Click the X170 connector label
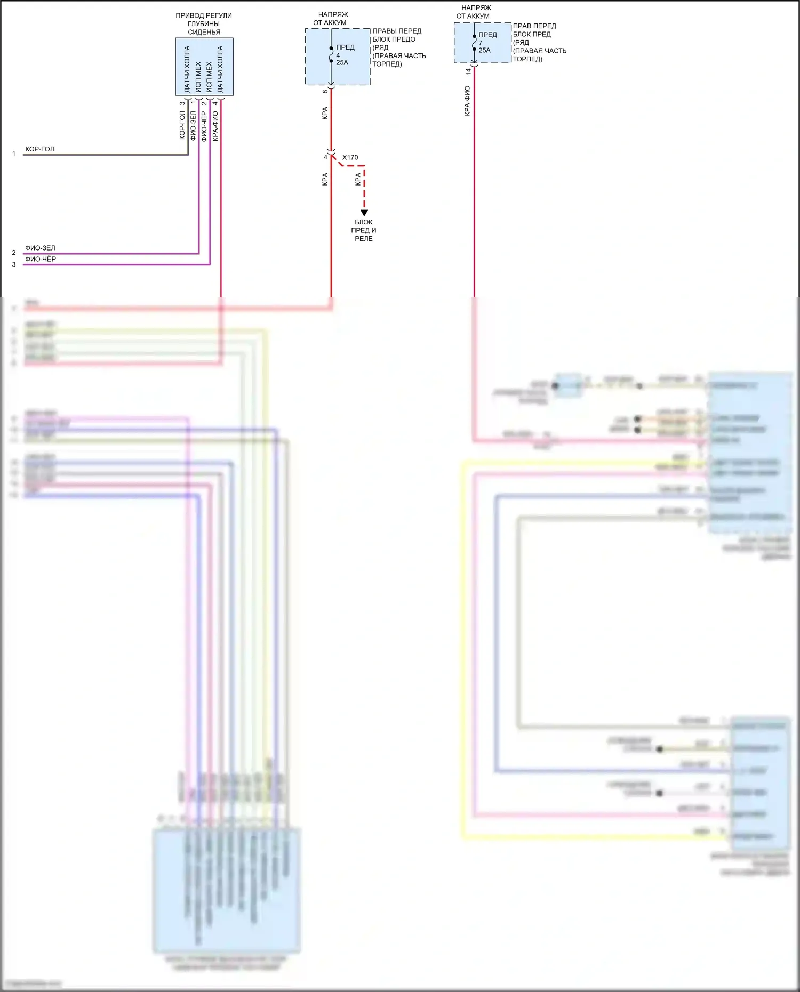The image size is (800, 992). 350,157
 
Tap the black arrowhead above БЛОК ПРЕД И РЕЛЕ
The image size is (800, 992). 364,213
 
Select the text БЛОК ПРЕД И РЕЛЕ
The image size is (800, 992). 364,230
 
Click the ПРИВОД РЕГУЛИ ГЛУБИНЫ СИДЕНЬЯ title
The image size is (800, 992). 204,23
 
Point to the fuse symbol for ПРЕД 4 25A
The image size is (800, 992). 331,54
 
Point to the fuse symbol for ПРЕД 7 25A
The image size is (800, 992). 474,43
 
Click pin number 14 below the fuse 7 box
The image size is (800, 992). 468,71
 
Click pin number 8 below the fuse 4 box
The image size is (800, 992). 325,92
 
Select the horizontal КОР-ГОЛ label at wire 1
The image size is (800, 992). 39,149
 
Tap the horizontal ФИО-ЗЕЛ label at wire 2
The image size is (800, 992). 40,248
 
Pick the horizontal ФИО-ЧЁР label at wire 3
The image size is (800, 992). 41,259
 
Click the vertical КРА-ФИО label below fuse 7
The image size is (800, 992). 467,101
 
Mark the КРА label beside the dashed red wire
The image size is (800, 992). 358,180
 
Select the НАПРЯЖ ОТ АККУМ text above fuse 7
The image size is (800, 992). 474,12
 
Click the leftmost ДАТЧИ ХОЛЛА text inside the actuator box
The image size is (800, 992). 187,69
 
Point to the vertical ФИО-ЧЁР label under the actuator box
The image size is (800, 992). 204,126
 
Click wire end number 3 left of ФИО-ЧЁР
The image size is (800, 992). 14,264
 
